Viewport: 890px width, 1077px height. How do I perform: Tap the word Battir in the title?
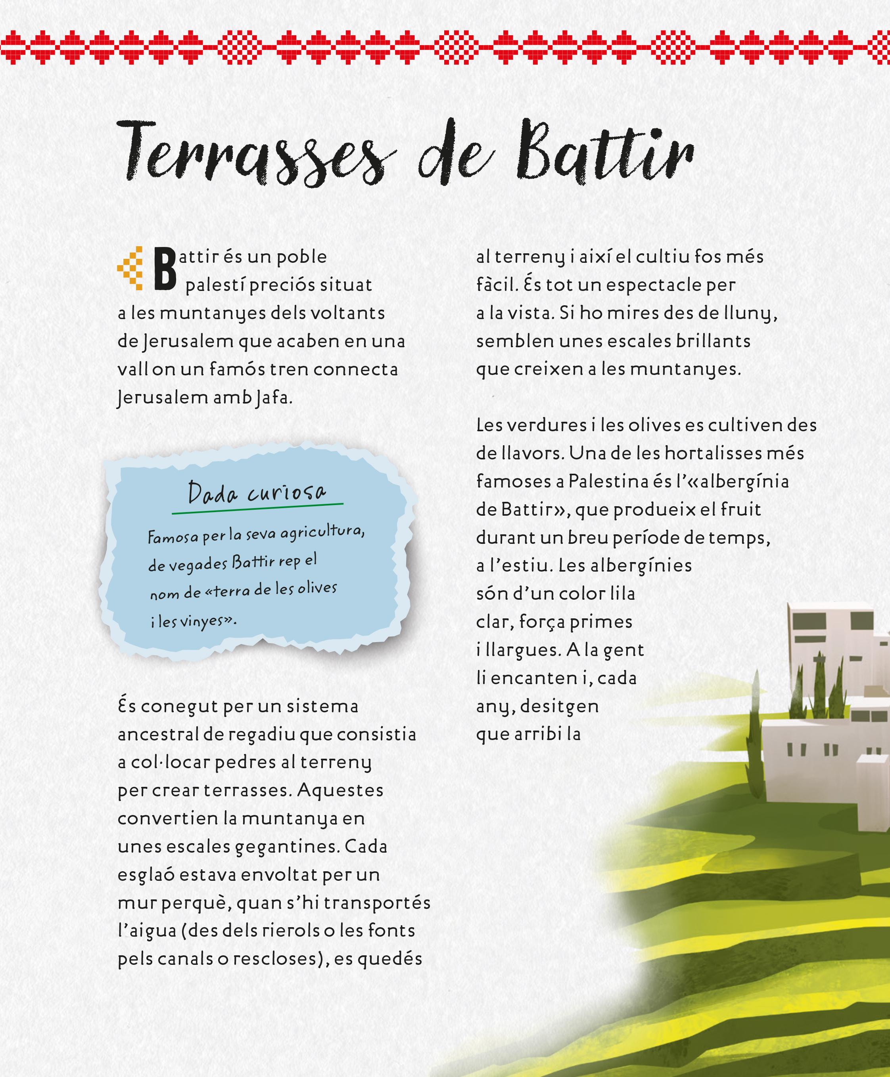click(605, 151)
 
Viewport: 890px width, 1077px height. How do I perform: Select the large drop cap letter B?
click(165, 269)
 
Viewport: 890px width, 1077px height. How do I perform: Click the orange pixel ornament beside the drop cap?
click(131, 268)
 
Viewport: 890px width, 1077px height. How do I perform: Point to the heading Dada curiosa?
click(256, 493)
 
